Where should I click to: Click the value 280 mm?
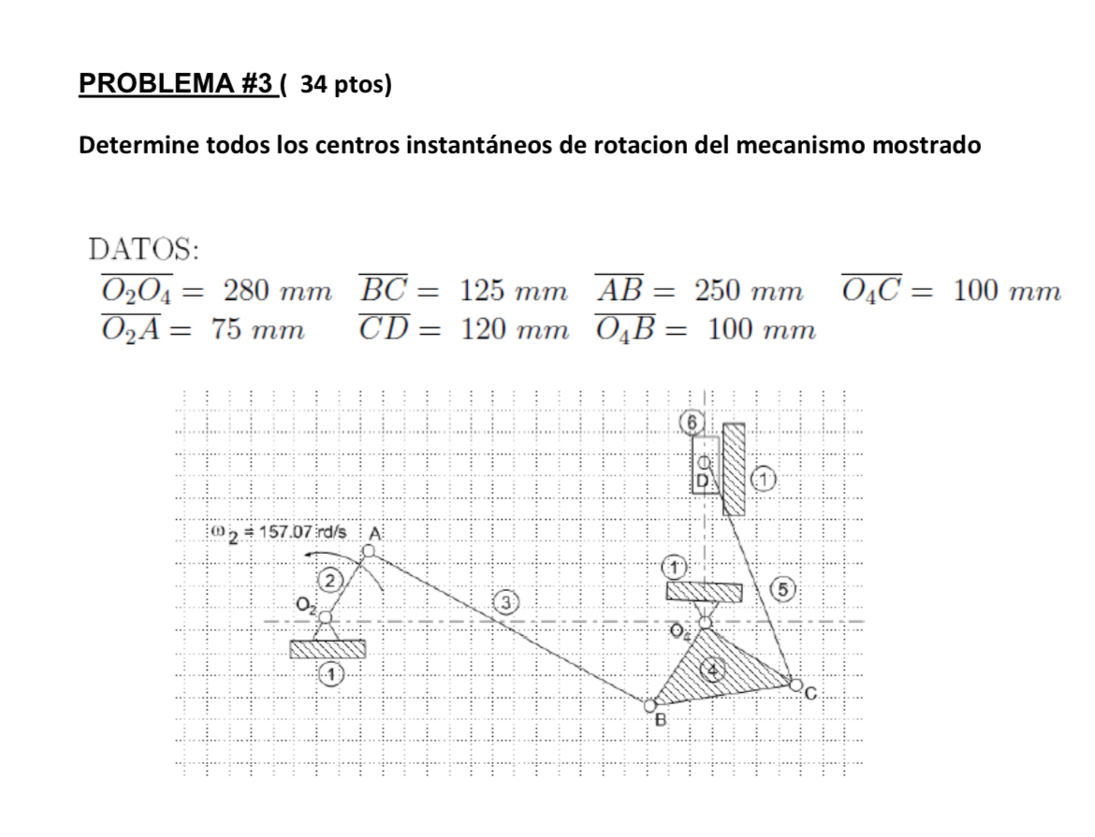tap(276, 290)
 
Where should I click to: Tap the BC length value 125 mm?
tap(513, 290)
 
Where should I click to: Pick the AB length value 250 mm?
tap(748, 290)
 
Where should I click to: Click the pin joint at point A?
tap(368, 552)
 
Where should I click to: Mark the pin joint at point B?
tap(650, 705)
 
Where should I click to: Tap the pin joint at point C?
tap(796, 685)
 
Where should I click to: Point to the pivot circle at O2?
tap(326, 617)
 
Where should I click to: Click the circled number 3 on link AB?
tap(507, 602)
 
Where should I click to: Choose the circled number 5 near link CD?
tap(785, 588)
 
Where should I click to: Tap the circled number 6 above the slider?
tap(692, 423)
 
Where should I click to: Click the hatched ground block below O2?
tap(328, 648)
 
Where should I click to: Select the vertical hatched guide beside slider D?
tap(734, 469)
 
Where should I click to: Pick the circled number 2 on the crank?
tap(330, 580)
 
